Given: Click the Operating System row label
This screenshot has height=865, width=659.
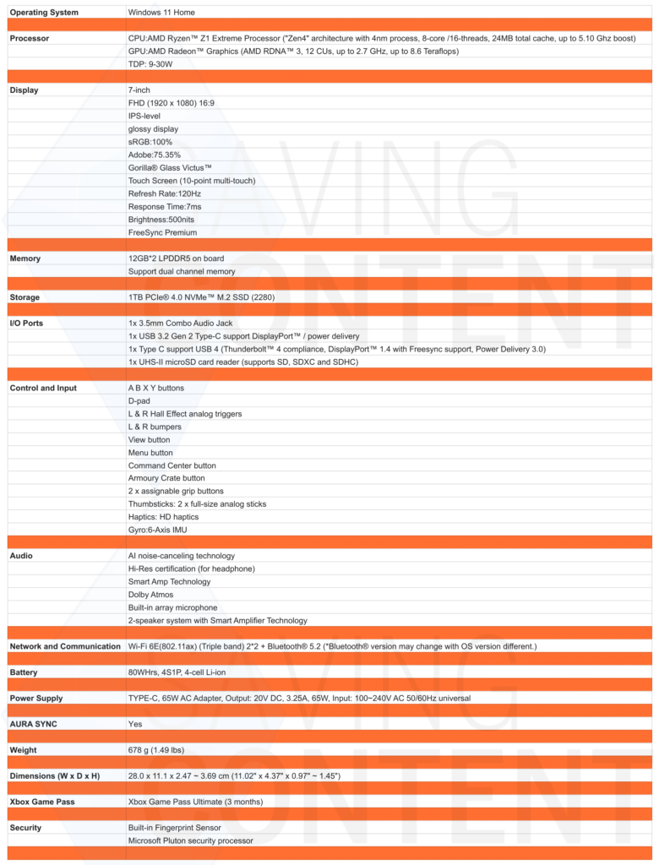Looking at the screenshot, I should (44, 13).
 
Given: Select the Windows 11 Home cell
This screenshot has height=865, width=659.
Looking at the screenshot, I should (166, 13).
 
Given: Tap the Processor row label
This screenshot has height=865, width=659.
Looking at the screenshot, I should (30, 39).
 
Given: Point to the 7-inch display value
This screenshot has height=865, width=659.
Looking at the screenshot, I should (139, 90).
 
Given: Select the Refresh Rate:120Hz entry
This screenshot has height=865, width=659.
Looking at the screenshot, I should (165, 193).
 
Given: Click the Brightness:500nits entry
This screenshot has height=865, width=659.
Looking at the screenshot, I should (162, 220).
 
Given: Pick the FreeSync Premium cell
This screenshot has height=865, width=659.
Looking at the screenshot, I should (162, 232).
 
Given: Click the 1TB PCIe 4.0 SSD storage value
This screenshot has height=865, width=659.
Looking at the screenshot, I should (201, 297).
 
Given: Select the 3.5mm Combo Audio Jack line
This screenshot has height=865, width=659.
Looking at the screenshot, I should (180, 324).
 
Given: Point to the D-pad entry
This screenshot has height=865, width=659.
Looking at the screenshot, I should (139, 400).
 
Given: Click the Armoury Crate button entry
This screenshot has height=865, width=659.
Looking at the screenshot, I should (166, 478).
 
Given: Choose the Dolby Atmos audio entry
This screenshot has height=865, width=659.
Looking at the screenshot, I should (150, 595).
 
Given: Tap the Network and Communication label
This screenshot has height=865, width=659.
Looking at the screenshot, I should (65, 646).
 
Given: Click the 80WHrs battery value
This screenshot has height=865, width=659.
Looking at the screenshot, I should (182, 672).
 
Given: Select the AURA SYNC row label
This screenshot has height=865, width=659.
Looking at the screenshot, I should (34, 724).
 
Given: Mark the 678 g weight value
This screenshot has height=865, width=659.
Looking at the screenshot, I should (156, 750).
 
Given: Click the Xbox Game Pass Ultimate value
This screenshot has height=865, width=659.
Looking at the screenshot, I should (195, 802).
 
